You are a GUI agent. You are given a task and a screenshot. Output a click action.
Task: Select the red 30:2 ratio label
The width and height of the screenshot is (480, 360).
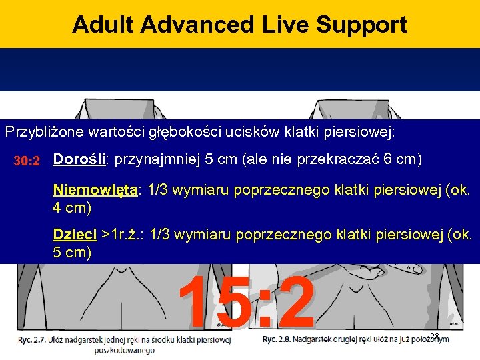click(x=28, y=161)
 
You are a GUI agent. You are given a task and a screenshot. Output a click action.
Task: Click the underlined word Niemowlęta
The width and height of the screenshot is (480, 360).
click(x=95, y=191)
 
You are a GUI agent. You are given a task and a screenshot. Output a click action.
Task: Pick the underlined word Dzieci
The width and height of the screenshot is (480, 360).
click(x=75, y=235)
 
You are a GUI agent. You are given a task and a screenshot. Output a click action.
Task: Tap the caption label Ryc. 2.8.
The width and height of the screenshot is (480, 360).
click(x=277, y=339)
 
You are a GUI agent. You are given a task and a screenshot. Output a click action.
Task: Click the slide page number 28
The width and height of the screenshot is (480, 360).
click(x=435, y=337)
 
